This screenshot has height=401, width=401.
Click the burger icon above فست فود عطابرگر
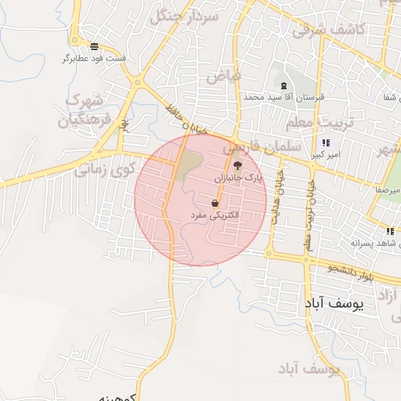(95, 46)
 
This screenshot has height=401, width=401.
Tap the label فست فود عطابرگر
(95, 59)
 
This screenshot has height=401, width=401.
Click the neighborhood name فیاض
(224, 76)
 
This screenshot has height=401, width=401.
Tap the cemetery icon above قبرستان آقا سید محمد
(284, 85)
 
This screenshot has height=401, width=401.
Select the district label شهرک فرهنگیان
(87, 110)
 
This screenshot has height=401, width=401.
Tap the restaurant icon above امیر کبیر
(325, 143)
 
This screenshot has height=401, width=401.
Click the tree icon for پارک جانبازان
(237, 165)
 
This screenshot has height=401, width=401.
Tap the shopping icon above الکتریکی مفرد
(215, 203)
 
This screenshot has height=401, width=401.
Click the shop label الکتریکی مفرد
(215, 215)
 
